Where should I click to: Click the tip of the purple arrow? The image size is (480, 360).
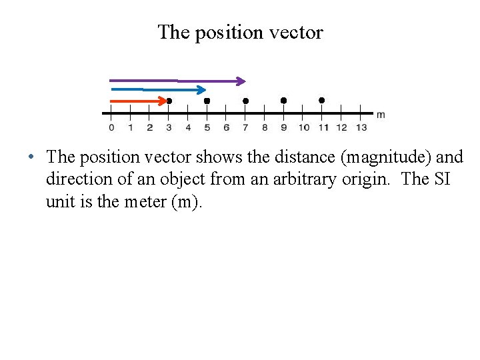coord(245,81)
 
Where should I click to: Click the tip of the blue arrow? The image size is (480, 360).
coord(206,89)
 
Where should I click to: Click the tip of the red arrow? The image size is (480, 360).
coord(167,101)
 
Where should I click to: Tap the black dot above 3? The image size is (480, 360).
coord(169,101)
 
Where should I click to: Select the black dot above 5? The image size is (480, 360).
coord(207,101)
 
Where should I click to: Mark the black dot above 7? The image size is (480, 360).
coord(245,101)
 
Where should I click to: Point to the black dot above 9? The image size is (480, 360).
coord(283,100)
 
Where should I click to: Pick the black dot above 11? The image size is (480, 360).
coord(321,100)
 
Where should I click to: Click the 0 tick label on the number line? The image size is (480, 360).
coord(111,127)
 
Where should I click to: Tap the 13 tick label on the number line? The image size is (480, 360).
coord(361,127)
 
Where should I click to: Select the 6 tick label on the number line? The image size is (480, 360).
coord(226,127)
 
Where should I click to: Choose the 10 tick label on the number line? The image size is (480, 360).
coord(304,127)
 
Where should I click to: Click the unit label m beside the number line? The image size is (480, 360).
coord(381,115)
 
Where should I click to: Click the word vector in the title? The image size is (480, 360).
coord(295,32)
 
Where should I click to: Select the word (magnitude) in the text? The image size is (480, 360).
coord(377,157)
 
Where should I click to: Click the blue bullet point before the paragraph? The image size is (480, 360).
coord(31,158)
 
